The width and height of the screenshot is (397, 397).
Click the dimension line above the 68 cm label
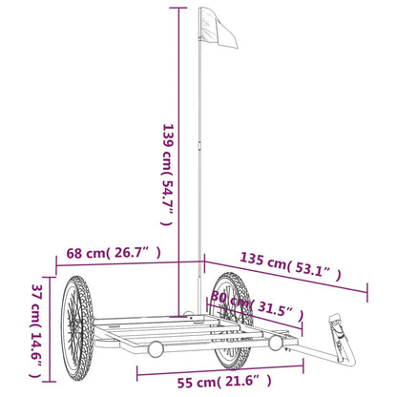point(124,264)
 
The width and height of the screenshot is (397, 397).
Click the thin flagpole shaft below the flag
point(198,172)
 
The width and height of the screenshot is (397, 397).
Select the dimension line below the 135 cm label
point(286,277)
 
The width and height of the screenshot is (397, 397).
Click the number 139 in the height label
point(169,136)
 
